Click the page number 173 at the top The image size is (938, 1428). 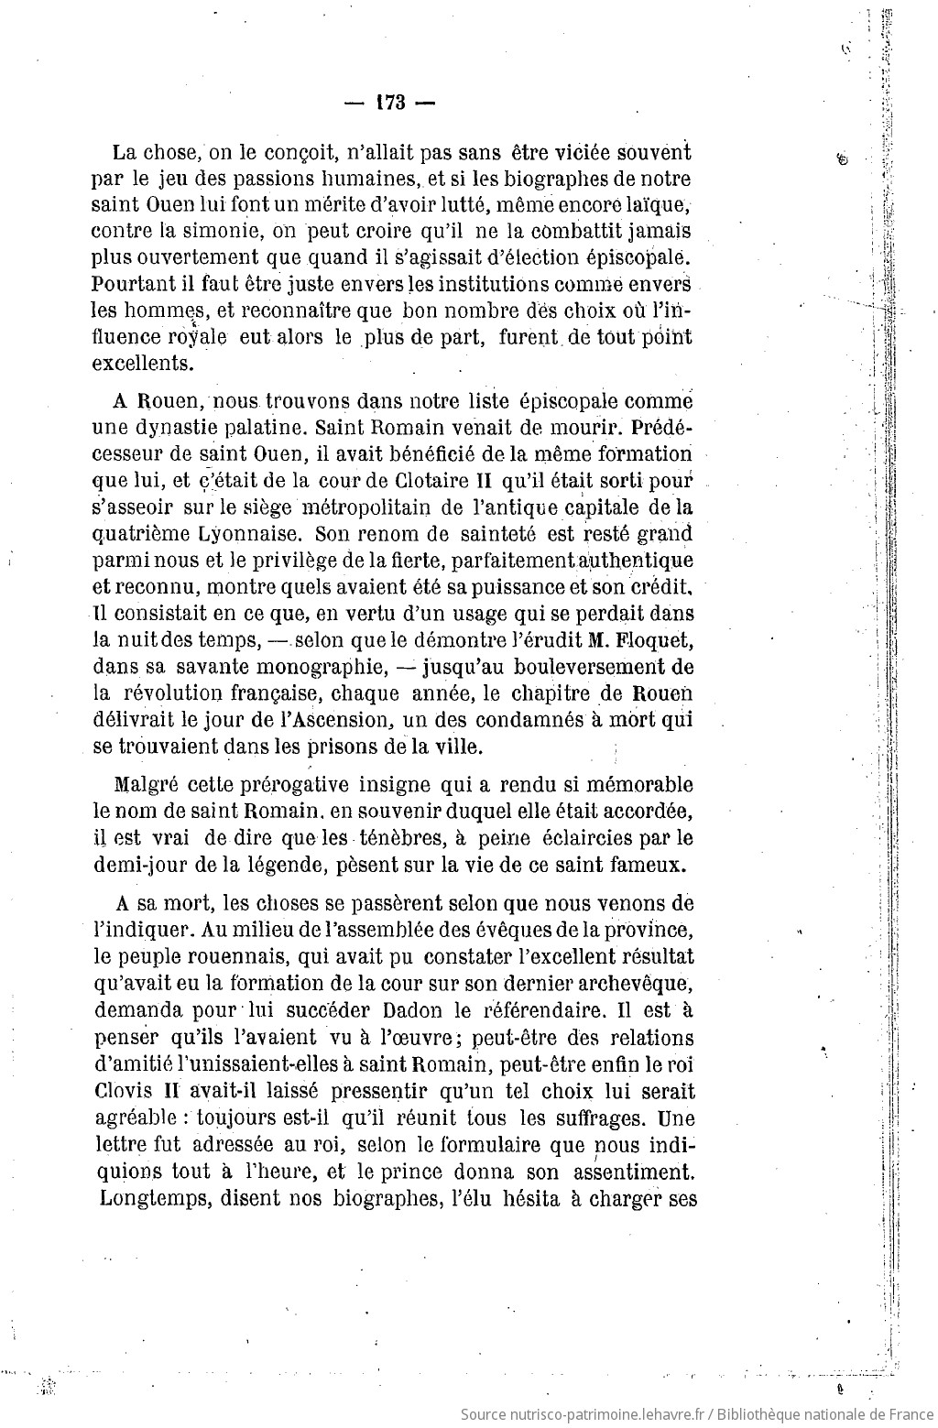pos(389,103)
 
